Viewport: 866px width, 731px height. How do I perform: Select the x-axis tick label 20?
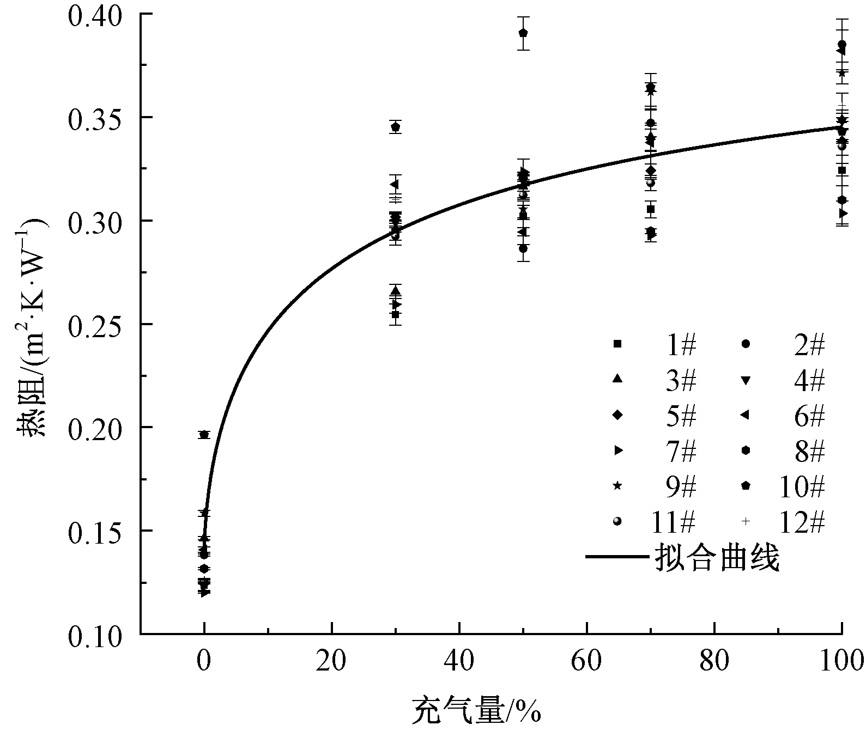[331, 661]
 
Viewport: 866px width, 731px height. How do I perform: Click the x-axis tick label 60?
[587, 661]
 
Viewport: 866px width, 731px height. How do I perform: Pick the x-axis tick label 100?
[841, 661]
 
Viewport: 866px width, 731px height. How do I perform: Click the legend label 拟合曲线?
[717, 557]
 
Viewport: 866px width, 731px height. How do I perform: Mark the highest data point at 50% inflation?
[523, 33]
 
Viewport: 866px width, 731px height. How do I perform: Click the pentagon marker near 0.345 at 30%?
[396, 127]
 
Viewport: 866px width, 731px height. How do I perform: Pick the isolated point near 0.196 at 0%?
[204, 435]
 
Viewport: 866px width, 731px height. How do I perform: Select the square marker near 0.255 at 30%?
[396, 314]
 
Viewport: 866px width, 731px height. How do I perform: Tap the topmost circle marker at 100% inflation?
[842, 44]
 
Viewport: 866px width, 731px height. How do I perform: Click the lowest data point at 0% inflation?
[204, 593]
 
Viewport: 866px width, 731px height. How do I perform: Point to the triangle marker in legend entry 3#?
[617, 380]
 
